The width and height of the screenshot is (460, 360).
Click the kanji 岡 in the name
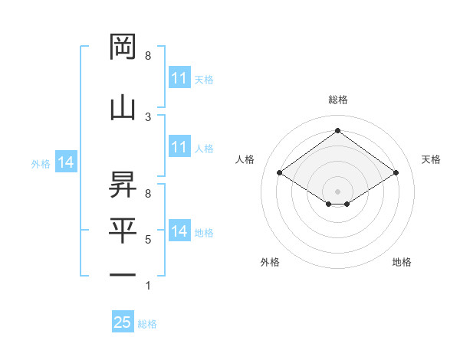(x=123, y=47)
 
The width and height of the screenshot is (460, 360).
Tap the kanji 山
(x=123, y=108)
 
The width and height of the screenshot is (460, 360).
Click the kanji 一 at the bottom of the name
(x=123, y=274)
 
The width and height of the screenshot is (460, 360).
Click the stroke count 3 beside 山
(x=148, y=116)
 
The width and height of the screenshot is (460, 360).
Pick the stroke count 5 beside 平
(x=148, y=240)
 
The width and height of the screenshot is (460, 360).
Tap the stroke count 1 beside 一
(x=148, y=286)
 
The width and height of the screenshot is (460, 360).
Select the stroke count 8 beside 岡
(x=148, y=56)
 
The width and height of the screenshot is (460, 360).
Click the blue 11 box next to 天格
(x=179, y=78)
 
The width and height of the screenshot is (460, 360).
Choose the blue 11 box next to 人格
(x=179, y=147)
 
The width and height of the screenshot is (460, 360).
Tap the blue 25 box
(x=123, y=322)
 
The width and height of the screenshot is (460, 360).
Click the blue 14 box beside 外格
(x=65, y=162)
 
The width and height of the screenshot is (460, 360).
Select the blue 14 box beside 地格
(x=179, y=231)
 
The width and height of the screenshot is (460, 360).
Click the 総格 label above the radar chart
(x=337, y=100)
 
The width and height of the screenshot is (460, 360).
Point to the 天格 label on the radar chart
(x=431, y=159)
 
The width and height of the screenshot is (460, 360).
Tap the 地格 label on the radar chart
(x=402, y=262)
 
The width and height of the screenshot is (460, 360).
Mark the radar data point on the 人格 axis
(x=279, y=173)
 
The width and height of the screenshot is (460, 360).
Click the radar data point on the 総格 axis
(x=337, y=130)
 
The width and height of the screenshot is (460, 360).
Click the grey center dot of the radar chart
(x=337, y=190)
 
